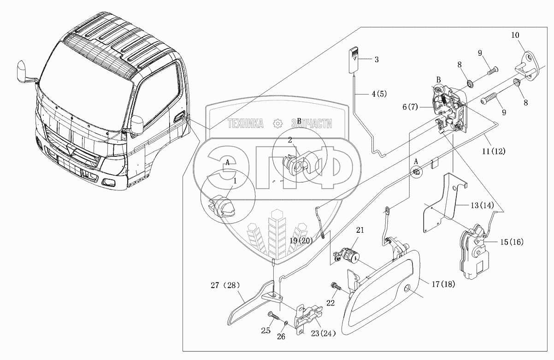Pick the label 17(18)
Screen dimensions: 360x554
pyautogui.click(x=443, y=284)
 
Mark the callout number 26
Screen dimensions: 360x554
pyautogui.click(x=281, y=336)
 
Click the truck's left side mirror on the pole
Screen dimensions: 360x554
pyautogui.click(x=22, y=70)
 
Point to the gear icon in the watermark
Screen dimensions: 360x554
pyautogui.click(x=277, y=123)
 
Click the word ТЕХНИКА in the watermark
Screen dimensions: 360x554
pyautogui.click(x=245, y=123)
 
